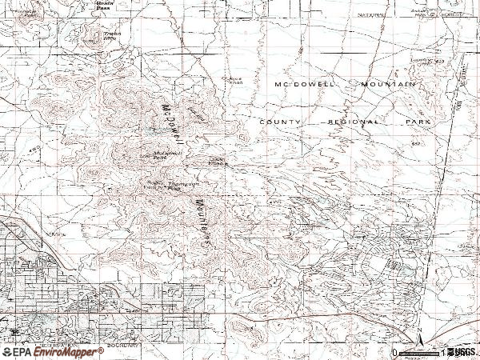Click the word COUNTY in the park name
pos(280,122)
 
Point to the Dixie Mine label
pos(218,162)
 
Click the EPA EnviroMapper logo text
pos(53,352)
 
